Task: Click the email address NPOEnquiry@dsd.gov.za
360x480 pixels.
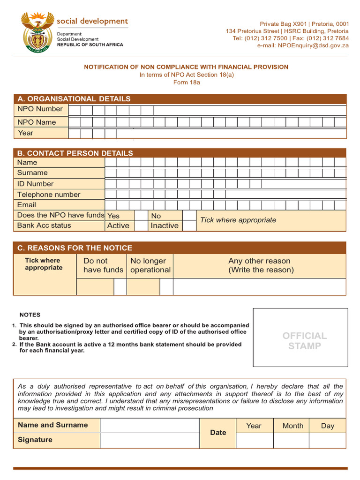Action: [x=303, y=45]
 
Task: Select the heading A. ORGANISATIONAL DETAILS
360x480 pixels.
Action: [x=74, y=99]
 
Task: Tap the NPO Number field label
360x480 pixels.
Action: [x=40, y=109]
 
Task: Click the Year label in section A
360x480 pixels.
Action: [x=26, y=133]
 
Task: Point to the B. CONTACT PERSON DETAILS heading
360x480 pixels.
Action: [x=75, y=153]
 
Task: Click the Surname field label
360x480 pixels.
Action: [x=32, y=173]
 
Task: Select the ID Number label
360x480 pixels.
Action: [x=35, y=184]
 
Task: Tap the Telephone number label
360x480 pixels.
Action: [x=49, y=195]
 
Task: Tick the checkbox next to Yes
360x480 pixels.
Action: [x=141, y=216]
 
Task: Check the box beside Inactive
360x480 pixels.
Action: [x=189, y=225]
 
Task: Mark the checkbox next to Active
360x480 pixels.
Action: [x=141, y=225]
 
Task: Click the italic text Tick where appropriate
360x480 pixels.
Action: [x=238, y=220]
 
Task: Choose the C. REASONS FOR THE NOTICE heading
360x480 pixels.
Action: [x=75, y=248]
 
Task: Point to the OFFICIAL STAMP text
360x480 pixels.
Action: [x=304, y=341]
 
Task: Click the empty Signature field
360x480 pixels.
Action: [x=150, y=440]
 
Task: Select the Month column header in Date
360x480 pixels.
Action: [x=292, y=426]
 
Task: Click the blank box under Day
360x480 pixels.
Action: [x=327, y=441]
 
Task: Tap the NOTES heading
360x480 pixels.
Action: [x=30, y=315]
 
